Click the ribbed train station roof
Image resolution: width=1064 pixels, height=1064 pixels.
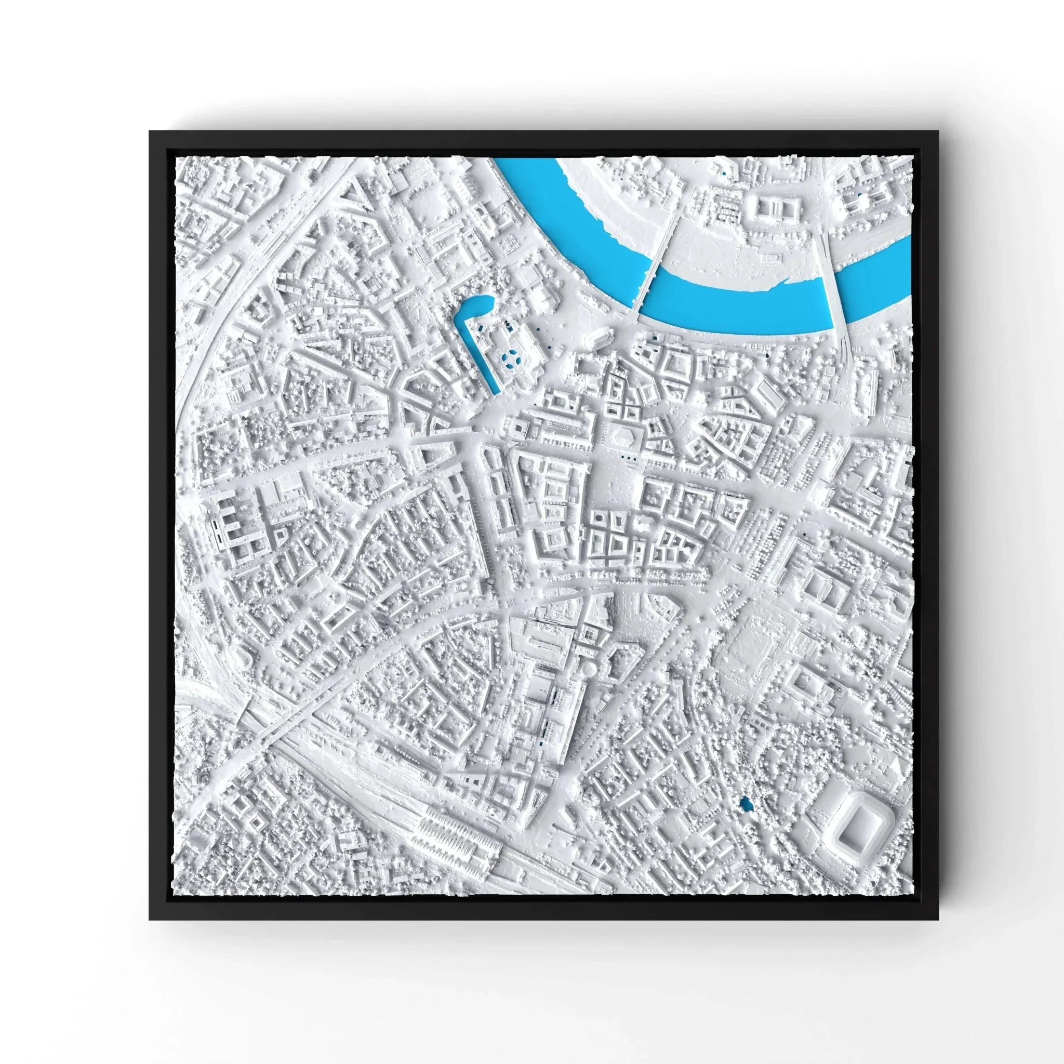tap(446, 840)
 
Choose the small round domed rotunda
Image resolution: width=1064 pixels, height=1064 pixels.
tap(588, 670)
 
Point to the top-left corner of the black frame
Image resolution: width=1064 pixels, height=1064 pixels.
tap(150, 131)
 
